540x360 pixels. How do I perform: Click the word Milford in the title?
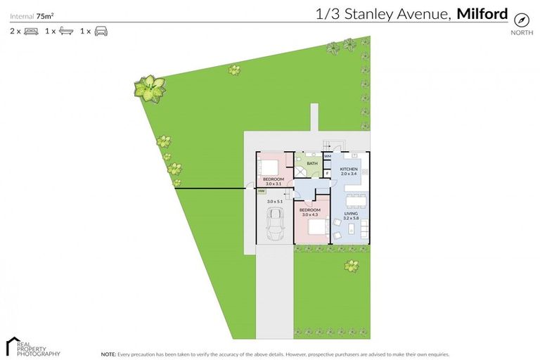(x=482, y=13)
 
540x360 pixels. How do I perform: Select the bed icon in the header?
(x=31, y=32)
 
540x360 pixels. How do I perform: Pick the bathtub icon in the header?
(x=65, y=32)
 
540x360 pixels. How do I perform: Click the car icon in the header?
(x=101, y=32)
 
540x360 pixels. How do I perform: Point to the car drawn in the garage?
(x=274, y=223)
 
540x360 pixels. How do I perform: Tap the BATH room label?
(x=312, y=163)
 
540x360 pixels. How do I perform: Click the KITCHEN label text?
(x=349, y=169)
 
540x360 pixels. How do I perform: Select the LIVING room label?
(x=351, y=213)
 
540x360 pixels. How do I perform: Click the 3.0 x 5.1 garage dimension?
(x=274, y=201)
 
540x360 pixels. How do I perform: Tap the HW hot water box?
(x=262, y=191)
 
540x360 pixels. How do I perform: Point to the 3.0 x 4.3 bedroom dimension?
(x=310, y=214)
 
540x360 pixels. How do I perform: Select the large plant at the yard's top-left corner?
(x=150, y=88)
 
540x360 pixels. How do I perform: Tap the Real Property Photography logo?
(x=32, y=347)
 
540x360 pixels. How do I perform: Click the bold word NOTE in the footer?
(x=108, y=354)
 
